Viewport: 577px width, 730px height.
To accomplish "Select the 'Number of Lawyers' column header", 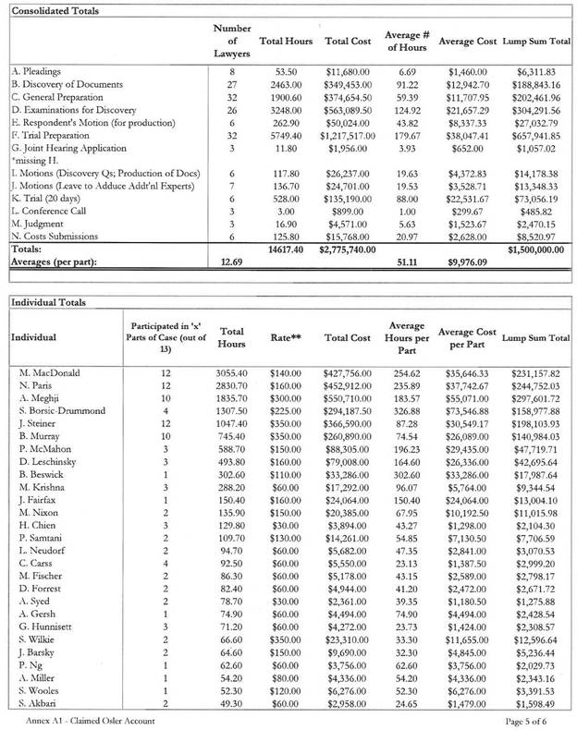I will pos(226,43).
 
